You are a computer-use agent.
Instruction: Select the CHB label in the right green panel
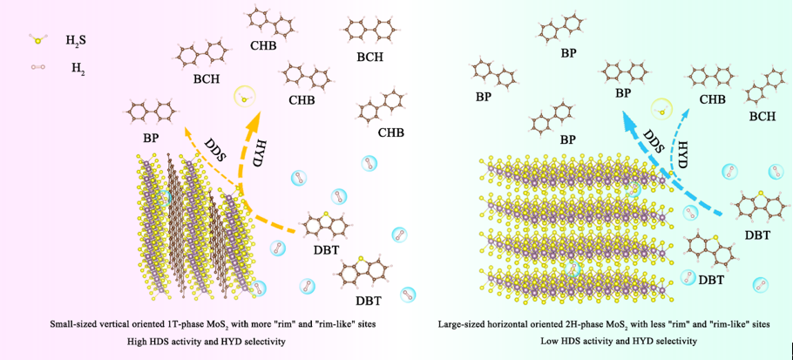(712, 99)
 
